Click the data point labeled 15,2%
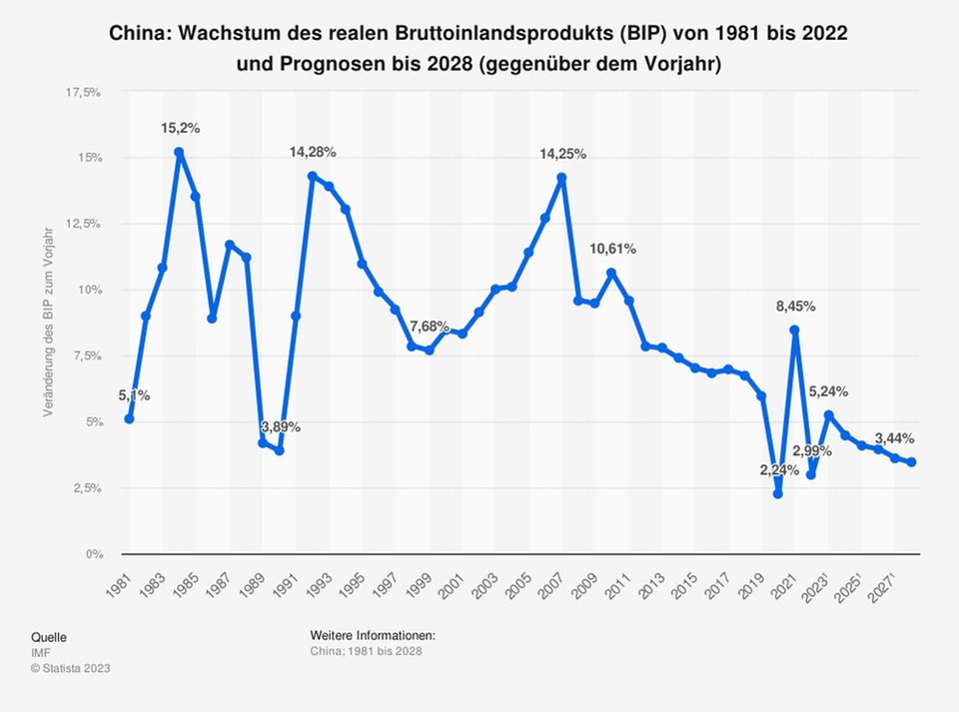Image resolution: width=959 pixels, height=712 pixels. point(179,153)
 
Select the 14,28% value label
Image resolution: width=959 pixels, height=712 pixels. point(313,152)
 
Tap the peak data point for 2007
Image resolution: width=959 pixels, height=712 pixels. point(561,178)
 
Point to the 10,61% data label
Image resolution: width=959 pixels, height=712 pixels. point(611,249)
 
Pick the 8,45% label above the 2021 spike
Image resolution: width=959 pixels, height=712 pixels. point(794,307)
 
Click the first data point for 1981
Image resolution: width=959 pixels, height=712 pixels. point(129,418)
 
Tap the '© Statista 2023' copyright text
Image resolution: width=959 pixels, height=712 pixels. point(71,668)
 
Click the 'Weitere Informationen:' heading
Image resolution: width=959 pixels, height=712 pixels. point(373,636)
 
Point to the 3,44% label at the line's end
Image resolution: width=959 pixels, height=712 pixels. point(893,438)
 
